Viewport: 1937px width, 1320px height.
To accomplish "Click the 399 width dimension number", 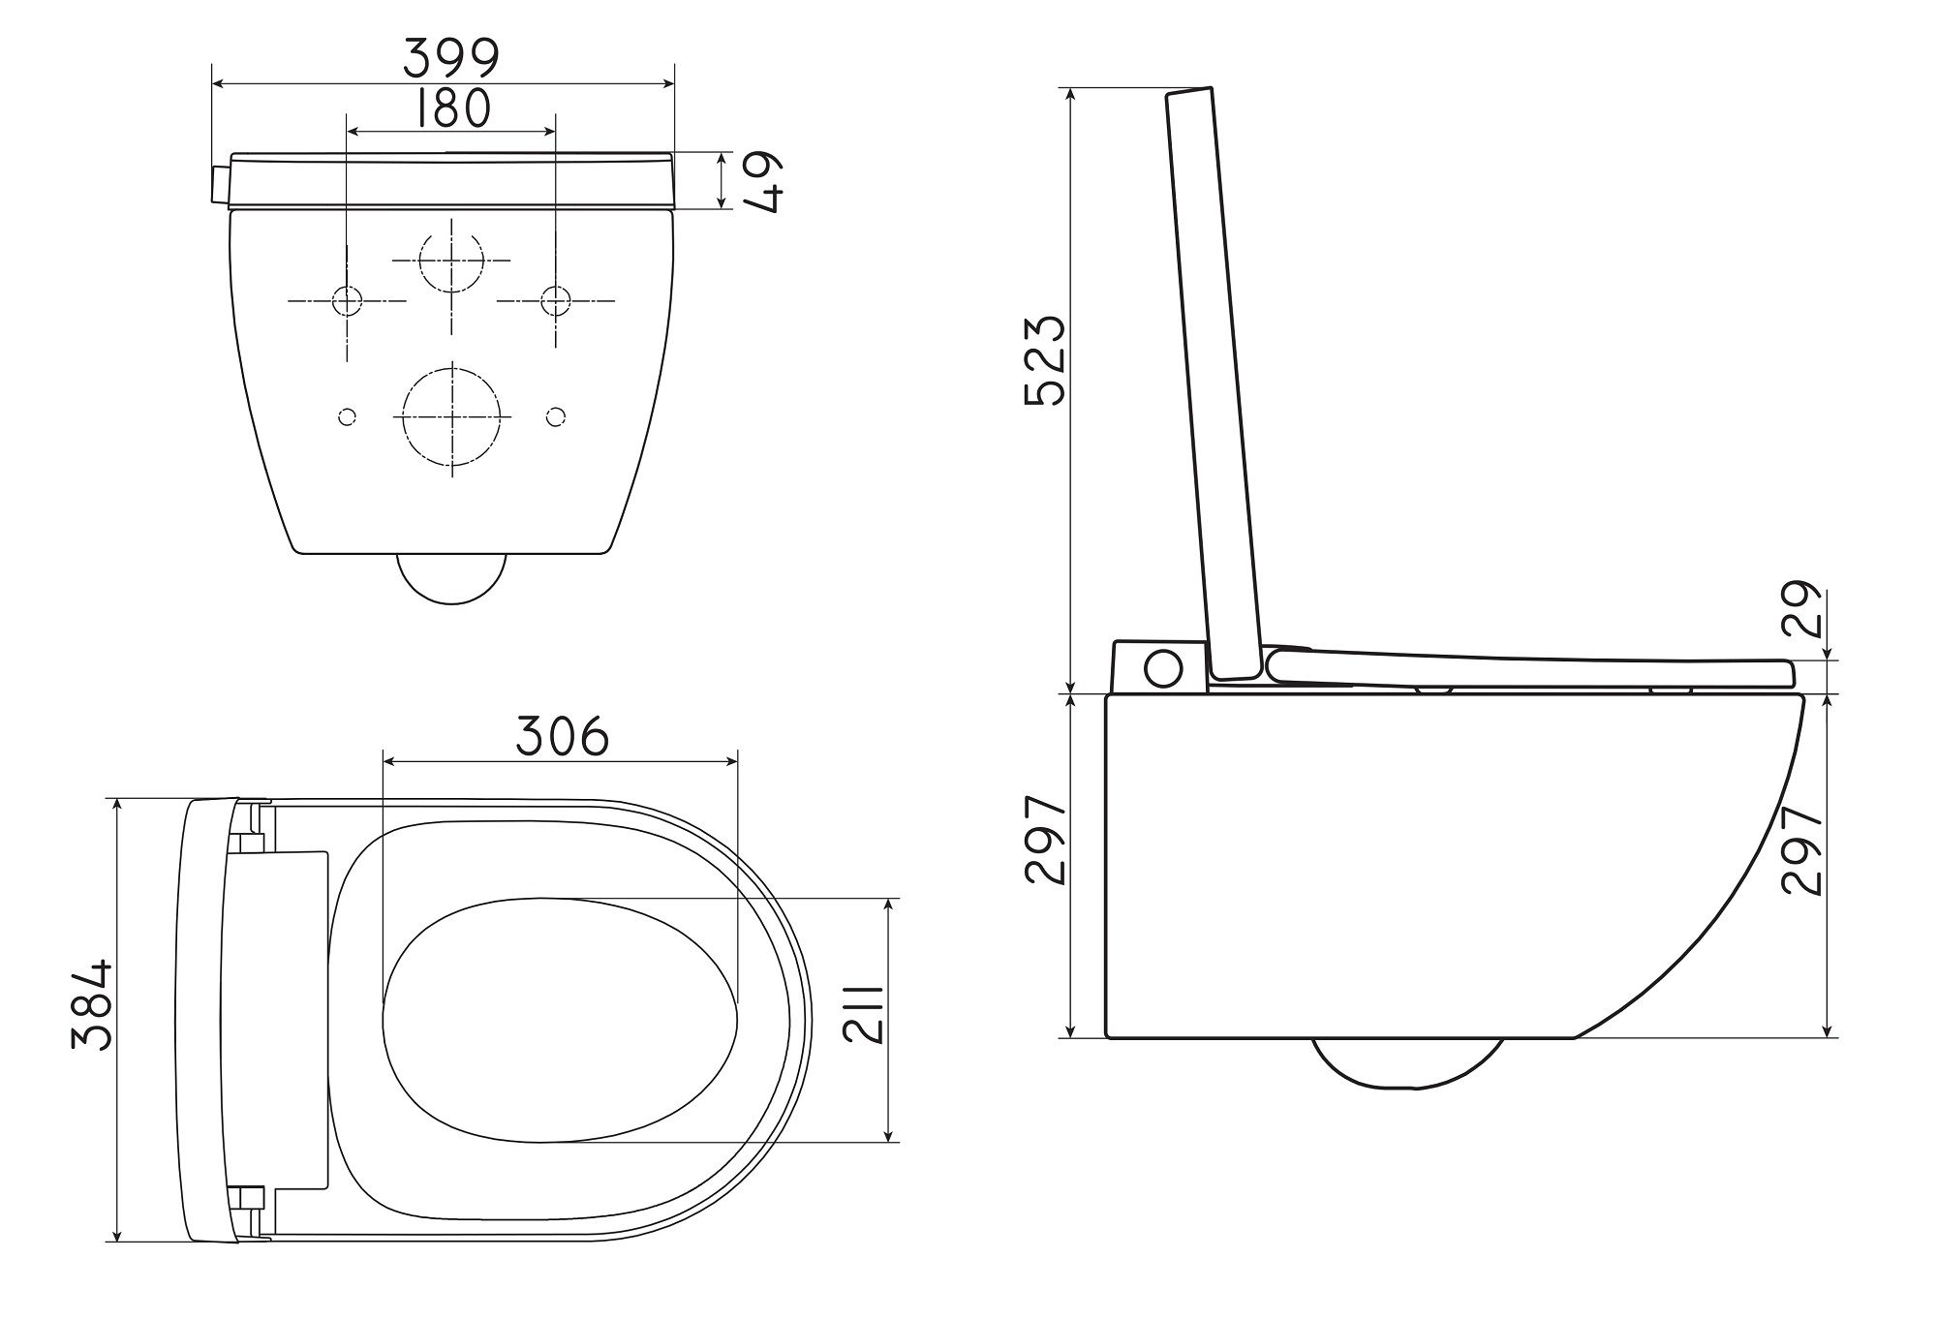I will (451, 58).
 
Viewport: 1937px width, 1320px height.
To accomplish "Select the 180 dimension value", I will (451, 108).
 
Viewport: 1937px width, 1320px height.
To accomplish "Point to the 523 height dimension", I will (1045, 360).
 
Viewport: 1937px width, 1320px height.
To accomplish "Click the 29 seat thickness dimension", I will (1802, 609).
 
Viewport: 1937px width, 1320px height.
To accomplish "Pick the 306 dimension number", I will (562, 736).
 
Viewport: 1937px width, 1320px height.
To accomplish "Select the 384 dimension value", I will (93, 1005).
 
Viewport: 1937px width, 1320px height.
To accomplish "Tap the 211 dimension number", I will (862, 1014).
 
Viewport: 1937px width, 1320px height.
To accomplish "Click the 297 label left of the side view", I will (1045, 840).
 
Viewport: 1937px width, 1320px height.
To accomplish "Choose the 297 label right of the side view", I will (1802, 849).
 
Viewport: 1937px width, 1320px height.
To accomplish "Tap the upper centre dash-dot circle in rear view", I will (452, 261).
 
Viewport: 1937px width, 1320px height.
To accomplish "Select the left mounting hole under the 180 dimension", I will (347, 301).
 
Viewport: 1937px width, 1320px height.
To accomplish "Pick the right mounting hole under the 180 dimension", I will (555, 301).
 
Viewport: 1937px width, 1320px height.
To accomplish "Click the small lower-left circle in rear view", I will (347, 417).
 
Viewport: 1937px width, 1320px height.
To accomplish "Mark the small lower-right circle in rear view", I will (555, 417).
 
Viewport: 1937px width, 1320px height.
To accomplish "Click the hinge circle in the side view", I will (1162, 666).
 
